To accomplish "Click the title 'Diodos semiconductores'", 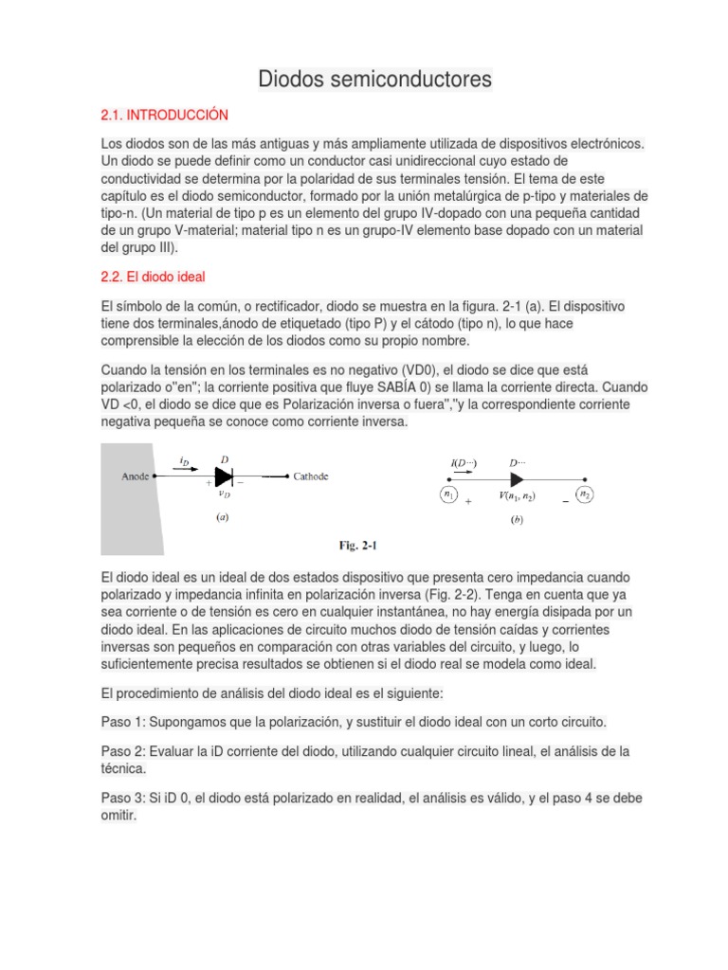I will (x=375, y=80).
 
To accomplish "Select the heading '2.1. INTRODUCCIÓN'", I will (x=165, y=115).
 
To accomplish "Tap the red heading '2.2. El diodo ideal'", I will (x=153, y=277).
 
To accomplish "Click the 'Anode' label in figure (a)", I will (x=136, y=476).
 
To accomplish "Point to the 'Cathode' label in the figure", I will (x=310, y=476).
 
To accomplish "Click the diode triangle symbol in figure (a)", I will (x=225, y=476).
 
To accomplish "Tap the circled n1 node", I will (x=449, y=494).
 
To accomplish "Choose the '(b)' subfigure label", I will (x=516, y=519).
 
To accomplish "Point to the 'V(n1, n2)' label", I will (x=520, y=495).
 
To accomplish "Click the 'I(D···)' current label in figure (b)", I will (x=464, y=463).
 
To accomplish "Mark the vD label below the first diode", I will (x=223, y=493).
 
